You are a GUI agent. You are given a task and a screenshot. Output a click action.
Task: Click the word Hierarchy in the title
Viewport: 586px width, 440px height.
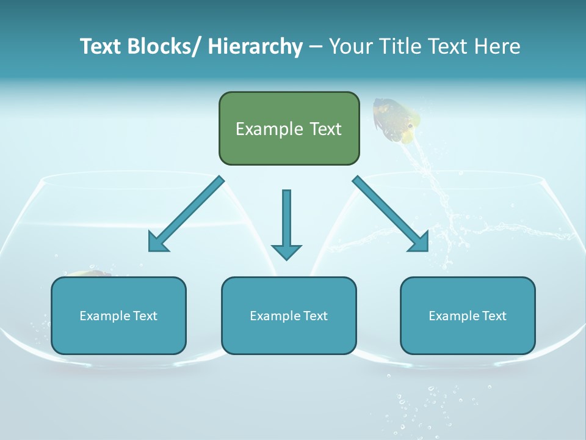(255, 46)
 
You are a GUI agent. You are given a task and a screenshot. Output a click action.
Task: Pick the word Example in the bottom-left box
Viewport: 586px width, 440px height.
(104, 316)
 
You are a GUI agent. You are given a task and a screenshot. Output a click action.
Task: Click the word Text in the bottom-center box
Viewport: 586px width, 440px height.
(314, 316)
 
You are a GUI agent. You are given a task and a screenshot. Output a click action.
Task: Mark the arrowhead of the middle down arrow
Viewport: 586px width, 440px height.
(286, 251)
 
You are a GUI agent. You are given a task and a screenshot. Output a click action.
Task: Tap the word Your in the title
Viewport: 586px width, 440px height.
(350, 46)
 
